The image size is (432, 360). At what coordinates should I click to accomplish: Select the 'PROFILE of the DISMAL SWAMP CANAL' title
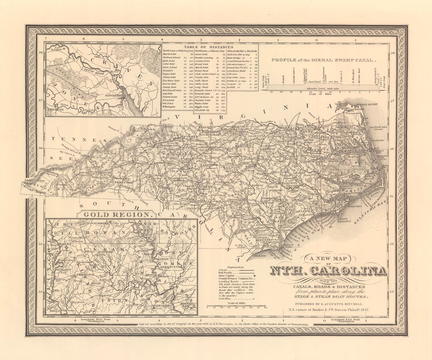324,60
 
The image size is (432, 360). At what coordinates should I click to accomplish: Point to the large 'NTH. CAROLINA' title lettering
328,271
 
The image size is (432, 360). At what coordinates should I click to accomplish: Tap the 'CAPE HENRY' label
368,105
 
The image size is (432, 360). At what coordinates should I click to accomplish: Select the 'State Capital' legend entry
227,276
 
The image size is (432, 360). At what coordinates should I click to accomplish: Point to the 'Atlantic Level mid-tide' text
324,88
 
